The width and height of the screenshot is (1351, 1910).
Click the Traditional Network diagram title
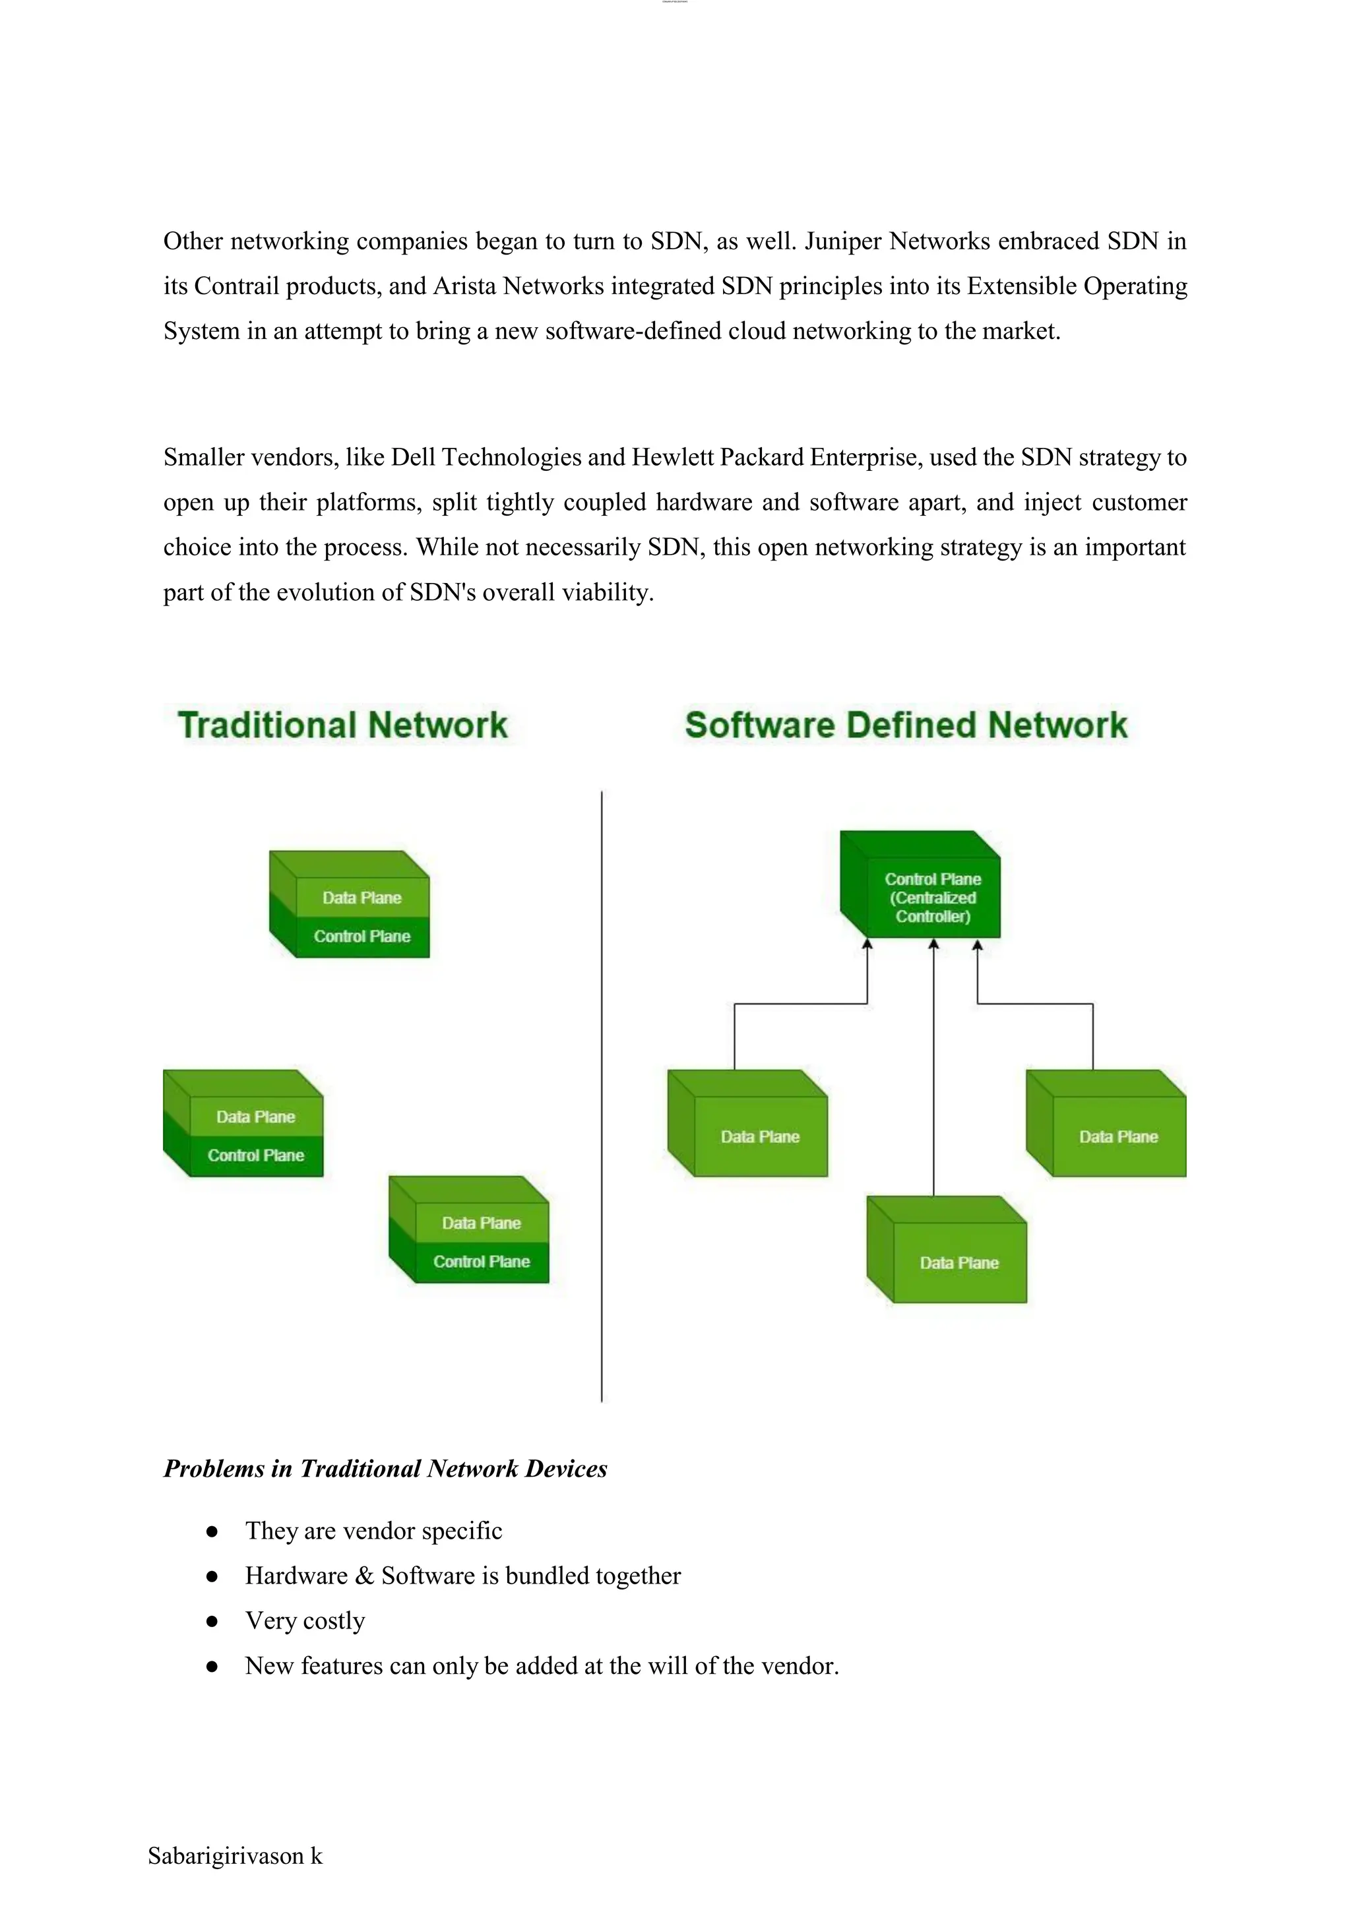(x=342, y=725)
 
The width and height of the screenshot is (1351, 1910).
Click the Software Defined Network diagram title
(x=906, y=725)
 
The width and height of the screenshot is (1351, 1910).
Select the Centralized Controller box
(x=931, y=898)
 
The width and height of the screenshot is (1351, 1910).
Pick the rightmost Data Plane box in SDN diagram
(x=1117, y=1136)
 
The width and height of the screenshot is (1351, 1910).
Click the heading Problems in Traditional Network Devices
(x=385, y=1468)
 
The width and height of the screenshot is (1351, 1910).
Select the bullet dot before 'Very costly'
(x=212, y=1621)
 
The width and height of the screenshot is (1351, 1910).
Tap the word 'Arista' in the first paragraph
(x=465, y=286)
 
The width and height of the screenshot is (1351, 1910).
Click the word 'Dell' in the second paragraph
(x=412, y=458)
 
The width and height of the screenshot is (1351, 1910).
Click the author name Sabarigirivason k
(x=235, y=1856)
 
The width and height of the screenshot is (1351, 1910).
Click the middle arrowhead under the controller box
(x=933, y=944)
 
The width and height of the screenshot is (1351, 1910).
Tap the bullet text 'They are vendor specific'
(x=373, y=1531)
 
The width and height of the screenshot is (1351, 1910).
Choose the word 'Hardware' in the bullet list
(x=296, y=1576)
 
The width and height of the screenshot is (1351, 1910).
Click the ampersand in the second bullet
(x=364, y=1576)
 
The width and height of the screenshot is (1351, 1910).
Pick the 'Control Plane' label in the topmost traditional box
(x=362, y=937)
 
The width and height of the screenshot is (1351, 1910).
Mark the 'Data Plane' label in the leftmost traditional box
(x=255, y=1117)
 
